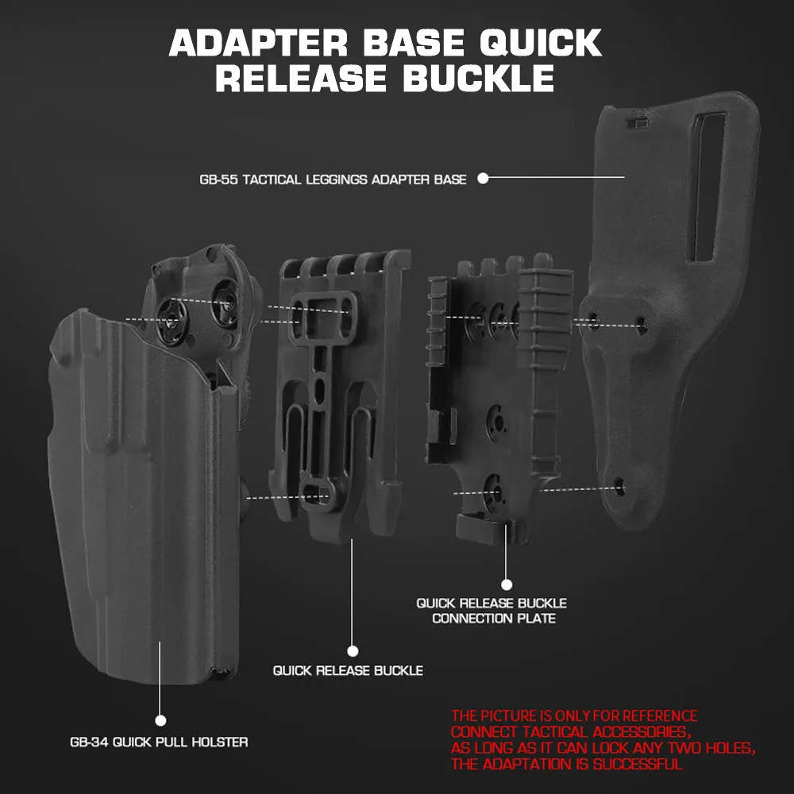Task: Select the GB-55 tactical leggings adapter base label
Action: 333,179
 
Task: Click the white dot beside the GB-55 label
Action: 482,179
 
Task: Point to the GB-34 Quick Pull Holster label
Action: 159,742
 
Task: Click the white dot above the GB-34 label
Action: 160,720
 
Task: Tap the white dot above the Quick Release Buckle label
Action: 353,651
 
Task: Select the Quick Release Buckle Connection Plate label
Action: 492,611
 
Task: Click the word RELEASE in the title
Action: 299,79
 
